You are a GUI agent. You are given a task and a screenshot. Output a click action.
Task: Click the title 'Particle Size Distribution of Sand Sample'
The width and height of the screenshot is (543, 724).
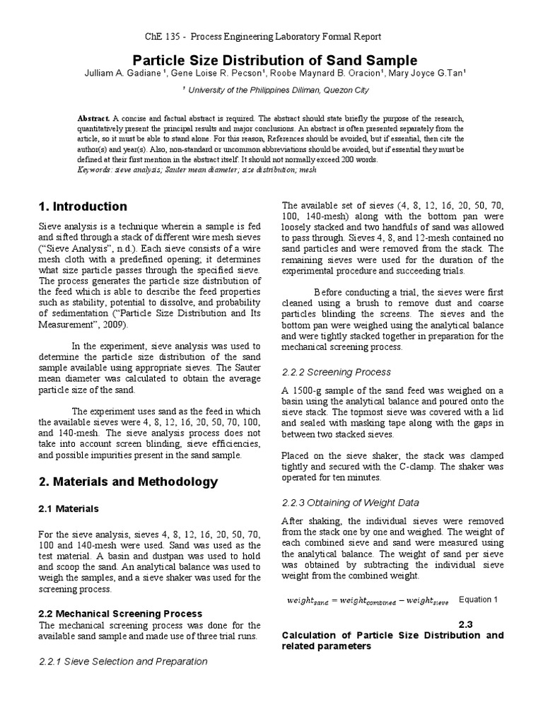[271, 60]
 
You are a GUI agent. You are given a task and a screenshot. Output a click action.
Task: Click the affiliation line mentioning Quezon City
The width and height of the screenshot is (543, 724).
[276, 90]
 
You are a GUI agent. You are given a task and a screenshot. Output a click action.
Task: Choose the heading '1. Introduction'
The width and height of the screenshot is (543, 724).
[82, 207]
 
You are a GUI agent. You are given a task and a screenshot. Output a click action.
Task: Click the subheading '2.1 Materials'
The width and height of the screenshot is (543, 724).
[69, 508]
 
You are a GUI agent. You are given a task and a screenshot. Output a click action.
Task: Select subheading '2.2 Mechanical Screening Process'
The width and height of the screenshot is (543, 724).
[120, 613]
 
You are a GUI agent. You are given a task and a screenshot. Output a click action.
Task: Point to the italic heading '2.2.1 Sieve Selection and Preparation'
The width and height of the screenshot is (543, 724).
[122, 662]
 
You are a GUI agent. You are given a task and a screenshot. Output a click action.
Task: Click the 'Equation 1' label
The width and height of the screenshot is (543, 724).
[479, 600]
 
